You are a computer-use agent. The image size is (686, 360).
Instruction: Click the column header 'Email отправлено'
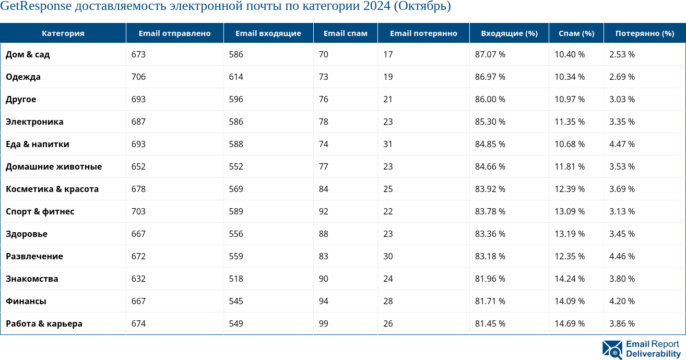174,33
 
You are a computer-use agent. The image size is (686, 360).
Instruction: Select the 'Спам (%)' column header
576,33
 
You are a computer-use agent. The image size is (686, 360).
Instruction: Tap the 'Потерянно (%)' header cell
645,33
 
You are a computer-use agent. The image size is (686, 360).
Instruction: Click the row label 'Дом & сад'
28,54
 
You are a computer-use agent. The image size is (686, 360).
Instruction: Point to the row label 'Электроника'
34,122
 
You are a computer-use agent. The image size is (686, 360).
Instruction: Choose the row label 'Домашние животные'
54,166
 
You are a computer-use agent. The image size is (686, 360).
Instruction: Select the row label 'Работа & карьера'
44,323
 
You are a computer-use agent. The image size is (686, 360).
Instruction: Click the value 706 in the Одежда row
138,77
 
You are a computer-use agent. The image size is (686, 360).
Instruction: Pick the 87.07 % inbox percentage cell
490,54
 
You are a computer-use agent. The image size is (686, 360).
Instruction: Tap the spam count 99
323,323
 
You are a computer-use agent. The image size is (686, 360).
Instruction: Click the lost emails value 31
388,144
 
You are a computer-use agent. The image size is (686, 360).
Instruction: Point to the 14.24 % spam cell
570,279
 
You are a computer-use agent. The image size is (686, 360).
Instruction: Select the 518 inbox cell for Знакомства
236,279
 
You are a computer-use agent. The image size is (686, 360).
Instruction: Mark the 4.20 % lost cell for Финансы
622,301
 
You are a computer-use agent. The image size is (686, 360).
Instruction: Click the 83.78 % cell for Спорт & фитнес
490,211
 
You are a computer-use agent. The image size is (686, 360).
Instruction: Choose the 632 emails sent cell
138,279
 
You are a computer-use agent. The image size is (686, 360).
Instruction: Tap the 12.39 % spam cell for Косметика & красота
570,189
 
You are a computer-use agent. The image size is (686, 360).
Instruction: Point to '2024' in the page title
377,7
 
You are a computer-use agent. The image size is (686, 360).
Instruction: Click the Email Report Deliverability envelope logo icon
612,350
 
